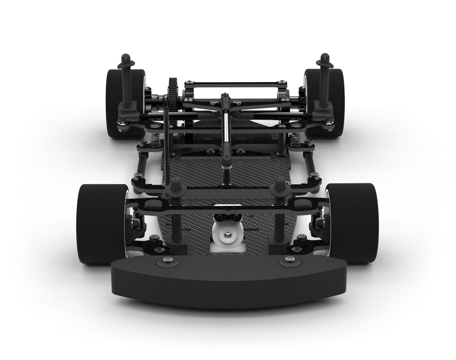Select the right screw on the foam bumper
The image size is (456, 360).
pos(288,261)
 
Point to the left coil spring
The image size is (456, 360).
pos(156,139)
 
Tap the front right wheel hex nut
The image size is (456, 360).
pos(320,222)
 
